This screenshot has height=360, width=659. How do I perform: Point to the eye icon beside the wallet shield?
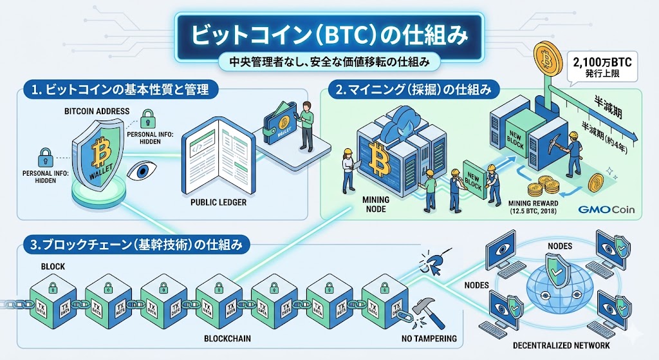[x=140, y=171]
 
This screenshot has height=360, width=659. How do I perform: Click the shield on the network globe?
[x=557, y=270]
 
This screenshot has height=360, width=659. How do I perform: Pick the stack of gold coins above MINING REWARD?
[x=541, y=188]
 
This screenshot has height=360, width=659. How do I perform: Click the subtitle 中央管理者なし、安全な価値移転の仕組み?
[x=329, y=62]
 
